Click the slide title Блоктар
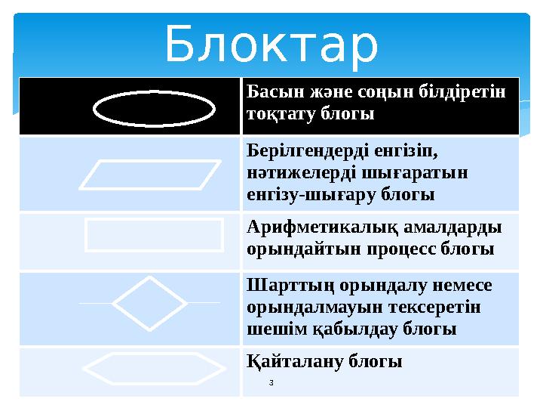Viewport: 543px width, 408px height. pos(271,44)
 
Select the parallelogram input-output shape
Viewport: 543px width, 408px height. pos(151,173)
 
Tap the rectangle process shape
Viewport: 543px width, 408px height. pos(155,234)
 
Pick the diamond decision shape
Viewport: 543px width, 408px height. pos(149,303)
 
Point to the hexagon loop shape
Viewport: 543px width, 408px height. pos(154,369)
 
